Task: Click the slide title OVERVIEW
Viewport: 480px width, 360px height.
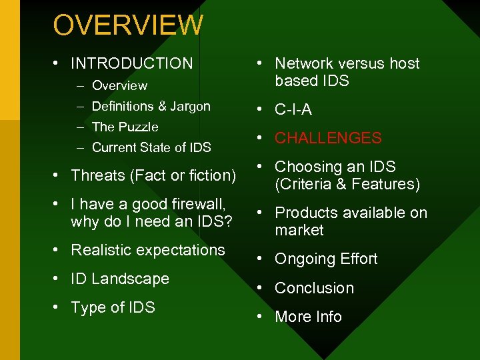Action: [x=128, y=25]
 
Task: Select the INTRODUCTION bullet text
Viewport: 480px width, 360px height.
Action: [x=131, y=63]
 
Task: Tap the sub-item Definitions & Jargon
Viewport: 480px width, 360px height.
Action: [x=151, y=106]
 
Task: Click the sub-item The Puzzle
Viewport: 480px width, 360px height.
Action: [x=125, y=127]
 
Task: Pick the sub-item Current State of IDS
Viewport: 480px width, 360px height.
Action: [x=151, y=147]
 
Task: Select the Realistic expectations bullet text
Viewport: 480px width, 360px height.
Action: [x=148, y=250]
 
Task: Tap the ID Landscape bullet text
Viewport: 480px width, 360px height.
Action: [x=120, y=279]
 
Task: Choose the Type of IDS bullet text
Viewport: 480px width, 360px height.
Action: [x=113, y=307]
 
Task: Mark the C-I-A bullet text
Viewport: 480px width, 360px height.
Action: [x=293, y=109]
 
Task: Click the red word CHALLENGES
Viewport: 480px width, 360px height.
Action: [x=328, y=138]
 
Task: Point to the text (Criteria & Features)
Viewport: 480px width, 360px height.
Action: [x=347, y=184]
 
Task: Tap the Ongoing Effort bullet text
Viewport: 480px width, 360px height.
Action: [x=326, y=259]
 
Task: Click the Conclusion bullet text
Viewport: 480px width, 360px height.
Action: [x=314, y=288]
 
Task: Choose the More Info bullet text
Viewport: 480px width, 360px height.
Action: [x=308, y=317]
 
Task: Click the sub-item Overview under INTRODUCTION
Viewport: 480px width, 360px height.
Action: [x=119, y=85]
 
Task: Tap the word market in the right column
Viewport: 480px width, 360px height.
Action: [x=299, y=230]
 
